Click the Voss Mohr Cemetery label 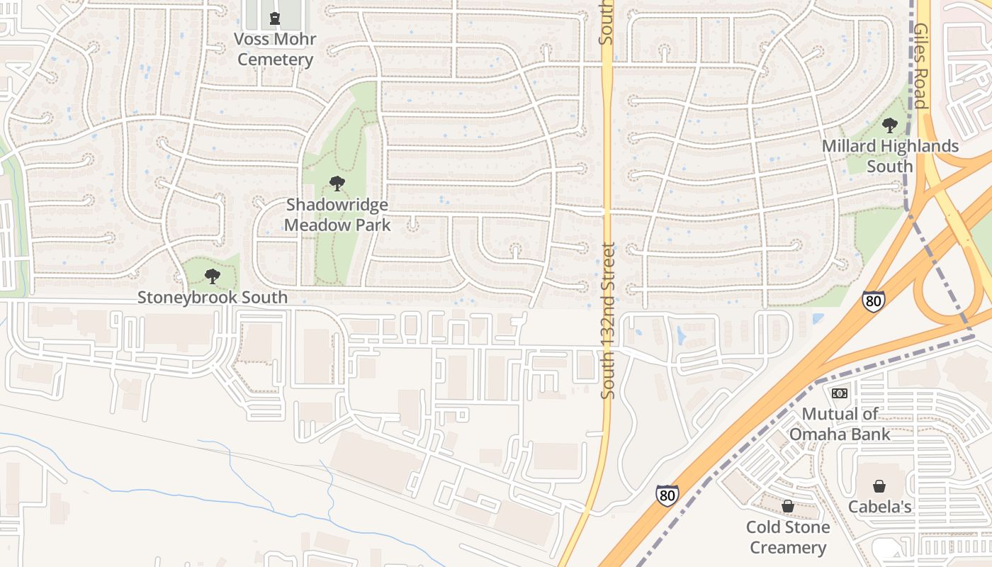coord(275,49)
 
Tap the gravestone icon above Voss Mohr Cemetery coord(275,18)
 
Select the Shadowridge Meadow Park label coord(337,215)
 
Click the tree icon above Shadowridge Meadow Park coord(337,184)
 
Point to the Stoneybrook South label coord(213,297)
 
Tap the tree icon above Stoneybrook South coord(212,276)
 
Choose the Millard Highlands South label coord(890,156)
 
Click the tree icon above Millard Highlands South coord(890,126)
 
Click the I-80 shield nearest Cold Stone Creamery coord(666,495)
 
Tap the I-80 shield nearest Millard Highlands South coord(874,301)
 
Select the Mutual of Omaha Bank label coord(840,423)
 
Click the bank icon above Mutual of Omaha coord(840,393)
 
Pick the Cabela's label coord(879,507)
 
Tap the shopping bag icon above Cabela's coord(879,486)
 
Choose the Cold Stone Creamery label coord(787,537)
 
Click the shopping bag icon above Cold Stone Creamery coord(787,506)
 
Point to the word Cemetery coord(275,59)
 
